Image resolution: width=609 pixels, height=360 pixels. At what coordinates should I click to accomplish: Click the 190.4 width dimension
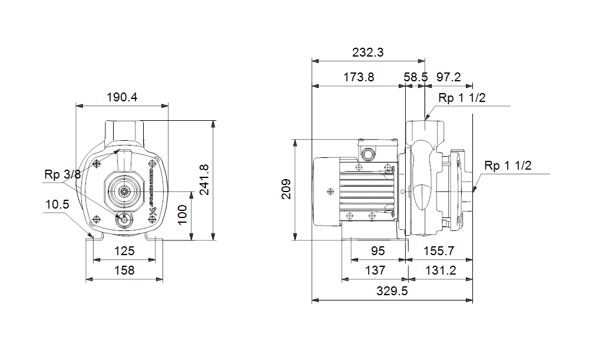[x=122, y=97]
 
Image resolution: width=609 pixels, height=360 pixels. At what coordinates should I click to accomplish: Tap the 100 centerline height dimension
[x=183, y=216]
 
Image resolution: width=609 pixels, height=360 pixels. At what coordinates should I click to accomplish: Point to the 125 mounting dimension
[x=124, y=251]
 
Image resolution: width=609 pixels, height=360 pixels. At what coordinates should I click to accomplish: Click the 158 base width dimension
[x=124, y=270]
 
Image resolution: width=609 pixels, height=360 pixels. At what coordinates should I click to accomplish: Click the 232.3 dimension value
[x=368, y=52]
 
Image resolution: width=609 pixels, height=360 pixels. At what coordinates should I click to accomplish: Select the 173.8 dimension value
[x=358, y=77]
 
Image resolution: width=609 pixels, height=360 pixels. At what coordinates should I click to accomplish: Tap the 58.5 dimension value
[x=416, y=77]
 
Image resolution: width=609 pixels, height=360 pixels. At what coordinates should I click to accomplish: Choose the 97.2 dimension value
[x=449, y=77]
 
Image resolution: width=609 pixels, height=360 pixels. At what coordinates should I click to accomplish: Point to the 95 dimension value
[x=378, y=251]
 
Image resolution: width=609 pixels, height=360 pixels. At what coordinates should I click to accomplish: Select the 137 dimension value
[x=375, y=270]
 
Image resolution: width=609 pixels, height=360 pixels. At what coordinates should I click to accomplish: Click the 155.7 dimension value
[x=439, y=251]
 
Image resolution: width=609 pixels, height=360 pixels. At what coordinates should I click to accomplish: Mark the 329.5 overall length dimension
[x=392, y=291]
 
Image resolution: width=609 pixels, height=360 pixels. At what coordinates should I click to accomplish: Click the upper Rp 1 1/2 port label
[x=462, y=98]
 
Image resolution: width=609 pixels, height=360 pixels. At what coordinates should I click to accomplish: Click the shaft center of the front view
[x=124, y=191]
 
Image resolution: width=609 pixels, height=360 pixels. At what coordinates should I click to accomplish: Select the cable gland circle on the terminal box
[x=369, y=155]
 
